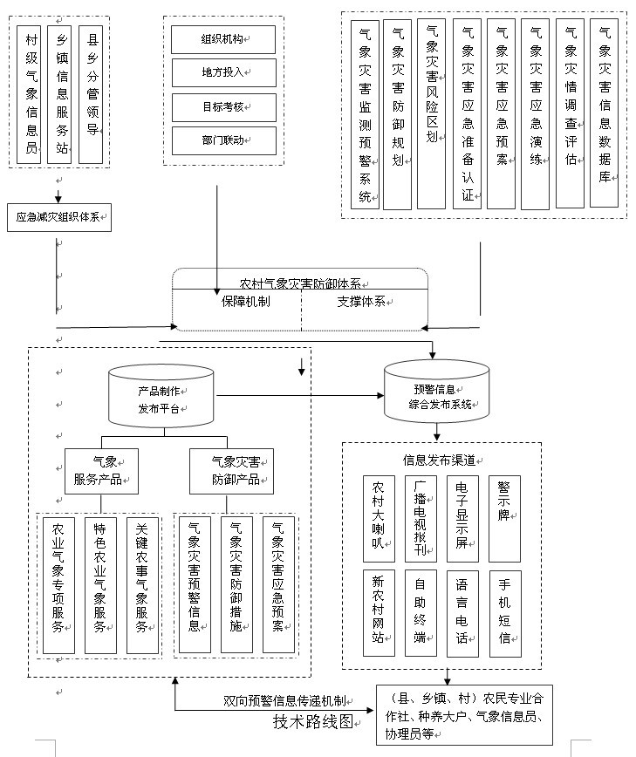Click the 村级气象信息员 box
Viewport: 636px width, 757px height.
(31, 94)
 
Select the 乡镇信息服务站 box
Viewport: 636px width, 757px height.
(61, 94)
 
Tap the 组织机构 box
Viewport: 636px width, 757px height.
(223, 39)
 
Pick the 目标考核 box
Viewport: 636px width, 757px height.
(223, 106)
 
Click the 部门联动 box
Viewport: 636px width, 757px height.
(223, 140)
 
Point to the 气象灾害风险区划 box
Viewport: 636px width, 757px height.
(431, 113)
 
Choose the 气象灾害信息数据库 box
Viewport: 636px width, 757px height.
(604, 113)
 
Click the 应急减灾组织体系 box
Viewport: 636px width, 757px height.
(58, 216)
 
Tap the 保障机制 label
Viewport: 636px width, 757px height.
(245, 302)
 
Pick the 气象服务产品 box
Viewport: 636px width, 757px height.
(102, 472)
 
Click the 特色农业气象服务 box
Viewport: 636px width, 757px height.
(101, 584)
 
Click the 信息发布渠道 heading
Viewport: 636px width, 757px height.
(440, 460)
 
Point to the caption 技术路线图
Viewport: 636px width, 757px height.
(313, 721)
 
